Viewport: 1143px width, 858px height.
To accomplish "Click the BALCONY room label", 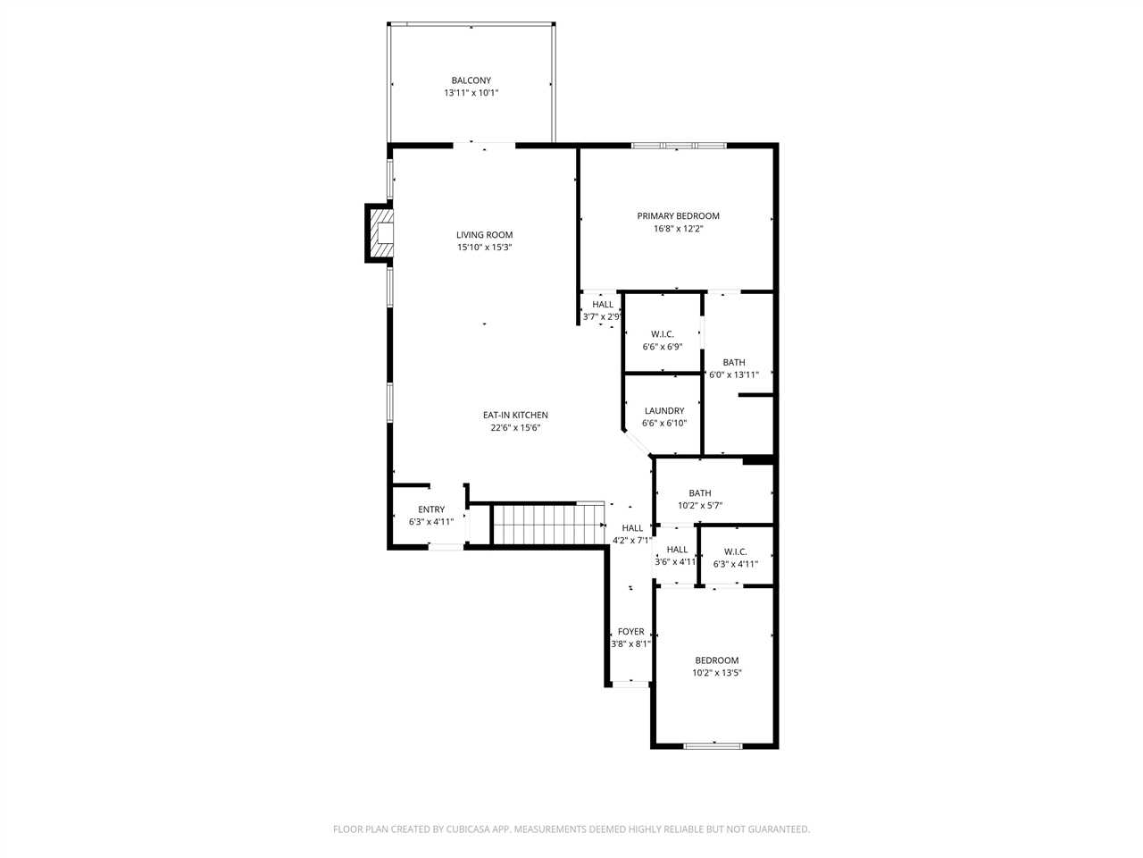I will pyautogui.click(x=471, y=80).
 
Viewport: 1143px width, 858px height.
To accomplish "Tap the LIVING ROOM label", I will pyautogui.click(x=484, y=235).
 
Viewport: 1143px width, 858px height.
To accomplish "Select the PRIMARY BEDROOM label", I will pyautogui.click(x=678, y=215).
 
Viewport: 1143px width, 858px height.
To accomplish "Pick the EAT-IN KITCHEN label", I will pyautogui.click(x=515, y=415).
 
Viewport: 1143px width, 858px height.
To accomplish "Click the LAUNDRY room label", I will pyautogui.click(x=663, y=411).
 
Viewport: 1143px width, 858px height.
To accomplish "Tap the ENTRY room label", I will pyautogui.click(x=431, y=509).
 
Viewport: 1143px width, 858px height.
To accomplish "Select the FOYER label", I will pyautogui.click(x=630, y=632).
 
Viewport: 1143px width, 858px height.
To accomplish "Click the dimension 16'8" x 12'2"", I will pyautogui.click(x=678, y=229).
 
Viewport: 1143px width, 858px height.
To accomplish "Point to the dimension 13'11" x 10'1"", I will pyautogui.click(x=471, y=93).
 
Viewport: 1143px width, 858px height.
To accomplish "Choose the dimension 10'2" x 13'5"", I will pyautogui.click(x=717, y=673).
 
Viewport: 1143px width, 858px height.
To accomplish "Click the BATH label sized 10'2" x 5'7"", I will pyautogui.click(x=700, y=493).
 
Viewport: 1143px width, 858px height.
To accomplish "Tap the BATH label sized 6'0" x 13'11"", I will pyautogui.click(x=734, y=362).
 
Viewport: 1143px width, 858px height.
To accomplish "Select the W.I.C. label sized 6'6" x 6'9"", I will pyautogui.click(x=663, y=334).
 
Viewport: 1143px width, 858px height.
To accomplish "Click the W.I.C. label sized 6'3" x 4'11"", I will pyautogui.click(x=735, y=551).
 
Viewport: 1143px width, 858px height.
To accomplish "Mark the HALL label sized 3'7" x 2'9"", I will pyautogui.click(x=603, y=305).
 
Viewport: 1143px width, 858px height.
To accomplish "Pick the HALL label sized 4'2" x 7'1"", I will pyautogui.click(x=632, y=528).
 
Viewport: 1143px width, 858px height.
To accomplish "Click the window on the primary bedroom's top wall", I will pyautogui.click(x=679, y=145).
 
